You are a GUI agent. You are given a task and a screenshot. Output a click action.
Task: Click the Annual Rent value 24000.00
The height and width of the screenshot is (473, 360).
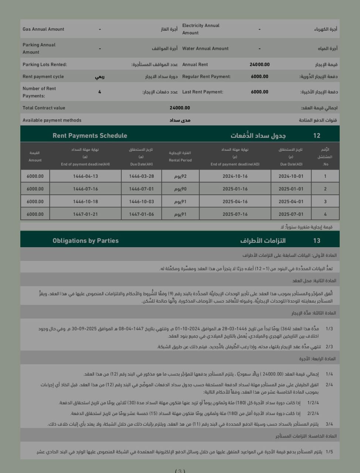[x=259, y=64]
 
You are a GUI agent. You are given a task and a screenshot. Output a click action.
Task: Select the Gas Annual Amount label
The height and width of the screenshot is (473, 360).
[x=43, y=29]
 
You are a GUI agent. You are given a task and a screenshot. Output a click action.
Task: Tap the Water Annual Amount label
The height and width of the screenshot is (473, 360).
[x=205, y=48]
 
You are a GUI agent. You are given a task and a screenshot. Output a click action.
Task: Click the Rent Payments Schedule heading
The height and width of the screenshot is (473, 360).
[x=90, y=136]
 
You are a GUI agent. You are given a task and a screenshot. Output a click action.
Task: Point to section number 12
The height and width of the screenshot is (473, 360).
[x=317, y=136]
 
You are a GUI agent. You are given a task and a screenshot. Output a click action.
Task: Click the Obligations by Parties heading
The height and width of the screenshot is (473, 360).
[x=85, y=241]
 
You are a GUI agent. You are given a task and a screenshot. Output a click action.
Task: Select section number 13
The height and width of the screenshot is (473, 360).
[x=317, y=241]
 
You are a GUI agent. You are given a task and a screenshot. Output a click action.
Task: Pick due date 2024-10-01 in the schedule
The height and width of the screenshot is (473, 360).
[x=291, y=176]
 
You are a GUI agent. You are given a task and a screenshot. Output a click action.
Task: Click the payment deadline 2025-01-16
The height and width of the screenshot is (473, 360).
[x=235, y=189]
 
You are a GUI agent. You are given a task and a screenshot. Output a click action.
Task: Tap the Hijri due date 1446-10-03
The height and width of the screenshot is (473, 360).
[x=142, y=202]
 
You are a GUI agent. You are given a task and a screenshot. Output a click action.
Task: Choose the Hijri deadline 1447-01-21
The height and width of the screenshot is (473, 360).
[x=85, y=214]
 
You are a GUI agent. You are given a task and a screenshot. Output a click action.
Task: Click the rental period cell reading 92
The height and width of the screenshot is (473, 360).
[x=180, y=176]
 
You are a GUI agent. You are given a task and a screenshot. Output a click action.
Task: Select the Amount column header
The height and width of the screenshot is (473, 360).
[x=35, y=157]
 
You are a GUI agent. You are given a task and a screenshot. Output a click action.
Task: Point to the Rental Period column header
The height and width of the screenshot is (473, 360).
[x=180, y=157]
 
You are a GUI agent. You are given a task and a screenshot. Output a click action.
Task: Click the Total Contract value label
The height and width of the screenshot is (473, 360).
[x=44, y=108]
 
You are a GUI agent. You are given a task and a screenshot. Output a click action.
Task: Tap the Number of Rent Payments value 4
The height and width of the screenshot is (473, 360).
[x=99, y=92]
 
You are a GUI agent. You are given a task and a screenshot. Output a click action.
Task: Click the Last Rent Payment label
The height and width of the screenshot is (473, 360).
[x=203, y=92]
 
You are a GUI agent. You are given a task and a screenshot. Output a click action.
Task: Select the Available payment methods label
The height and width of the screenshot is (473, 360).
[x=52, y=120]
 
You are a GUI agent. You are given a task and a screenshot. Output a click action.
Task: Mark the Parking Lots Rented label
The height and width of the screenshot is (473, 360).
[x=45, y=64]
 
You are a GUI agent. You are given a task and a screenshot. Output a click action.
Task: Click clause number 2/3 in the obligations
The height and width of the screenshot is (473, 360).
[x=329, y=347]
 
